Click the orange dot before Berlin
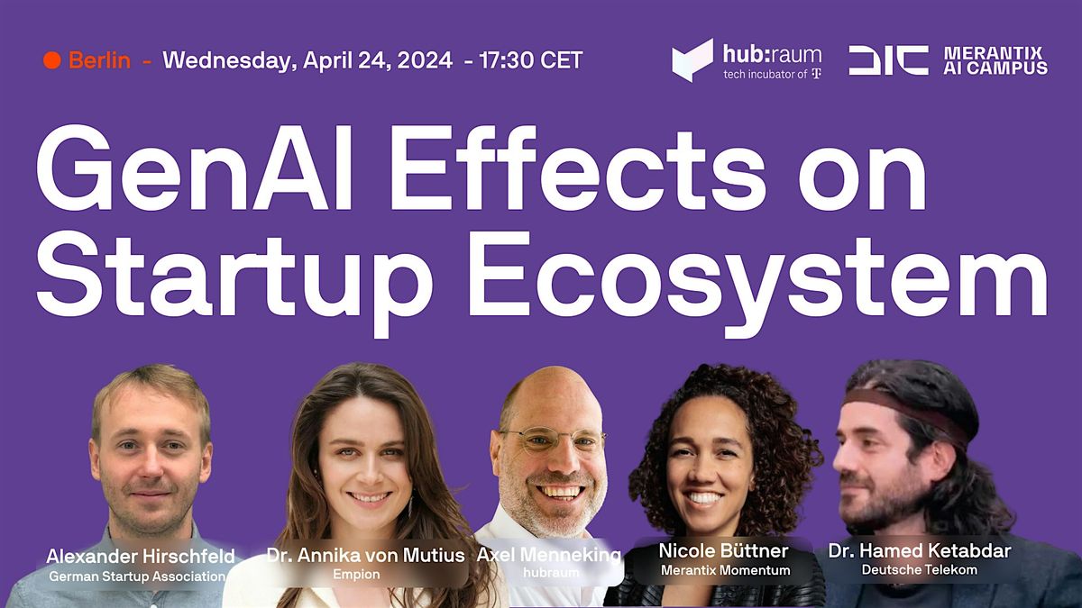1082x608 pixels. pyautogui.click(x=51, y=61)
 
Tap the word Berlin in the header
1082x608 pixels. pyautogui.click(x=99, y=61)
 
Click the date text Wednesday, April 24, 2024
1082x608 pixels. pyautogui.click(x=307, y=61)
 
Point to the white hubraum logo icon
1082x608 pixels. pyautogui.click(x=692, y=60)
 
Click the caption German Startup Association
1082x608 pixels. pyautogui.click(x=136, y=576)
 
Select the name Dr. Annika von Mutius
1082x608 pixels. pyautogui.click(x=365, y=556)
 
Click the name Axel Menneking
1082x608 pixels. pyautogui.click(x=548, y=555)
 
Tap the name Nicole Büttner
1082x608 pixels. pyautogui.click(x=724, y=550)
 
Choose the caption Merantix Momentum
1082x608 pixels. pyautogui.click(x=725, y=570)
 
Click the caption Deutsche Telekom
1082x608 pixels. pyautogui.click(x=919, y=569)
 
